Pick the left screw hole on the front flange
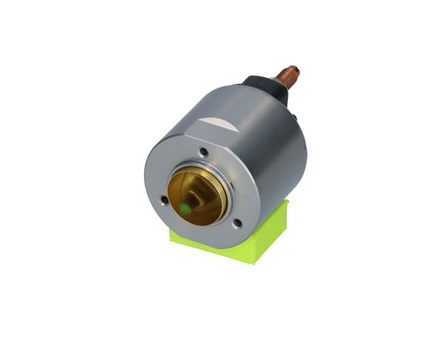(x=164, y=198)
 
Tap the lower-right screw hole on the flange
(x=237, y=222)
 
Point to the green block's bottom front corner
(x=252, y=261)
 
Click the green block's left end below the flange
(x=175, y=236)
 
